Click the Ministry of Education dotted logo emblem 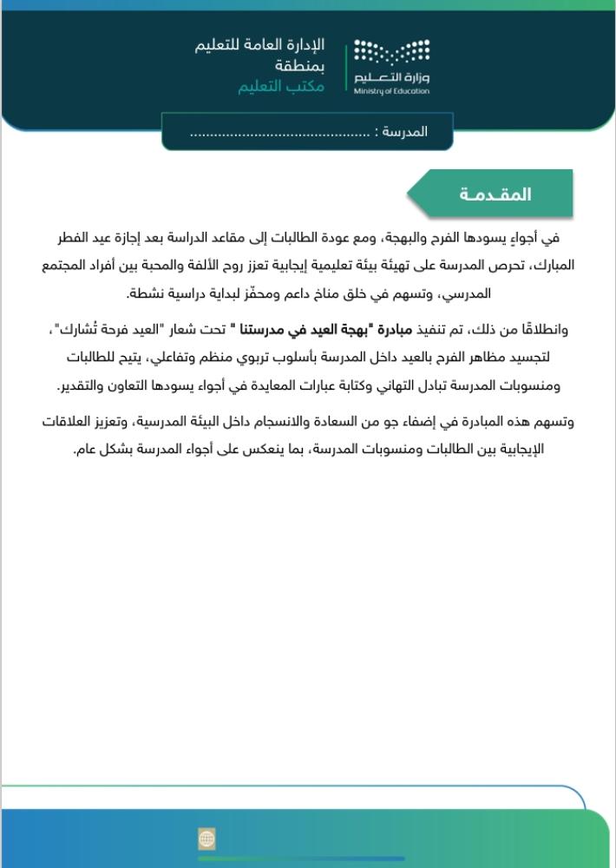point(390,53)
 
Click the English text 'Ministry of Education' point(391,90)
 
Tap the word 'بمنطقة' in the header point(304,66)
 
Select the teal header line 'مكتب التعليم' point(282,87)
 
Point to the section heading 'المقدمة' point(495,194)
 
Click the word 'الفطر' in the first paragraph point(555,236)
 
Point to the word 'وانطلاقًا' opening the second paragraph point(547,330)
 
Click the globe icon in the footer point(206,838)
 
